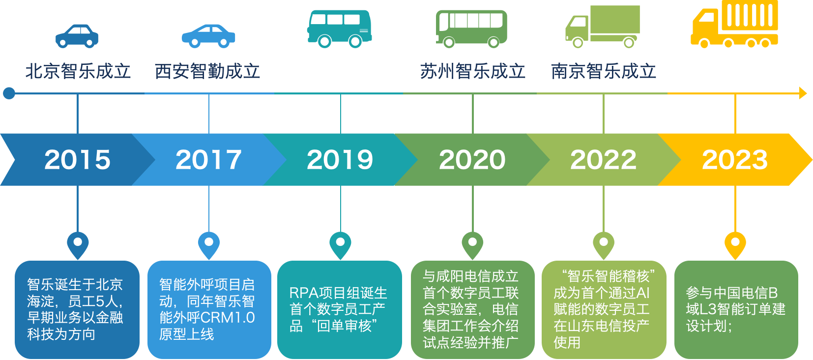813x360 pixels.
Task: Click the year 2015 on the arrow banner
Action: coord(78,159)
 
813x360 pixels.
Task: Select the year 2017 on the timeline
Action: coord(208,159)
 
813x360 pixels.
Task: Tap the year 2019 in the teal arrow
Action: coord(340,159)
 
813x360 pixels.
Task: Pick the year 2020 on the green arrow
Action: coord(472,159)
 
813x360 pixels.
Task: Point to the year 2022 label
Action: coord(603,159)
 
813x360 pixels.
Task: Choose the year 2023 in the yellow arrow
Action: coord(735,159)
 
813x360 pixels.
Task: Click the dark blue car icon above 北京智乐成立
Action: coord(77,36)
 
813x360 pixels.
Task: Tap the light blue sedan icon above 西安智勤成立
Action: coord(208,36)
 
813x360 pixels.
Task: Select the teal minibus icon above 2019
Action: coord(339,29)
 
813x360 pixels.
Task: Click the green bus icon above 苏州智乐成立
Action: coord(471,29)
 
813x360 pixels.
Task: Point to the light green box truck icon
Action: coord(602,27)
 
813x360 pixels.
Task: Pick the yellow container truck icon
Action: coord(734,25)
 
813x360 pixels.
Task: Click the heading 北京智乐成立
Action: coord(78,71)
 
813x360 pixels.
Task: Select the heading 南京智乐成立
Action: coord(603,71)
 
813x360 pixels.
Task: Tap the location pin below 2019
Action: coord(340,244)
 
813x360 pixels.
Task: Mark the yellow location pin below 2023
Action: coord(735,244)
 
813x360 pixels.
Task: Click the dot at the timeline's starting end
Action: coord(9,93)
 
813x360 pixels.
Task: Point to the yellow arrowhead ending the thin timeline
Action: coord(803,93)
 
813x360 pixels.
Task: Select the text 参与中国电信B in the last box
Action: coord(731,293)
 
